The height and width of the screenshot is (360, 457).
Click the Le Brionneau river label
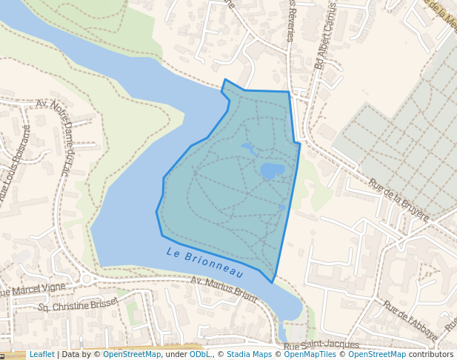[204, 262]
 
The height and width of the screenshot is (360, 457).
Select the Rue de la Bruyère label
[398, 200]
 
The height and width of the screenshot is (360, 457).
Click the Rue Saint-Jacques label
[321, 345]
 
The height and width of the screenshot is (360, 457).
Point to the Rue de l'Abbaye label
[409, 319]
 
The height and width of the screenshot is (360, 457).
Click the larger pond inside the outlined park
[272, 171]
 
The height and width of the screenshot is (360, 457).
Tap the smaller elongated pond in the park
[249, 149]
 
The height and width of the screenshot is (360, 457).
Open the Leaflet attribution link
[41, 354]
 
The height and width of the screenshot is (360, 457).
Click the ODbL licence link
[199, 354]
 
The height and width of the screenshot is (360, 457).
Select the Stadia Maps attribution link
[249, 354]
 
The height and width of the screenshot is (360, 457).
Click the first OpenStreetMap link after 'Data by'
[132, 354]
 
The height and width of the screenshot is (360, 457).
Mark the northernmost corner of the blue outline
[224, 79]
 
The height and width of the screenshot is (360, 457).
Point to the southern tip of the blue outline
[273, 281]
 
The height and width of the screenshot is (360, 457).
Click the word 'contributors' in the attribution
[431, 354]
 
